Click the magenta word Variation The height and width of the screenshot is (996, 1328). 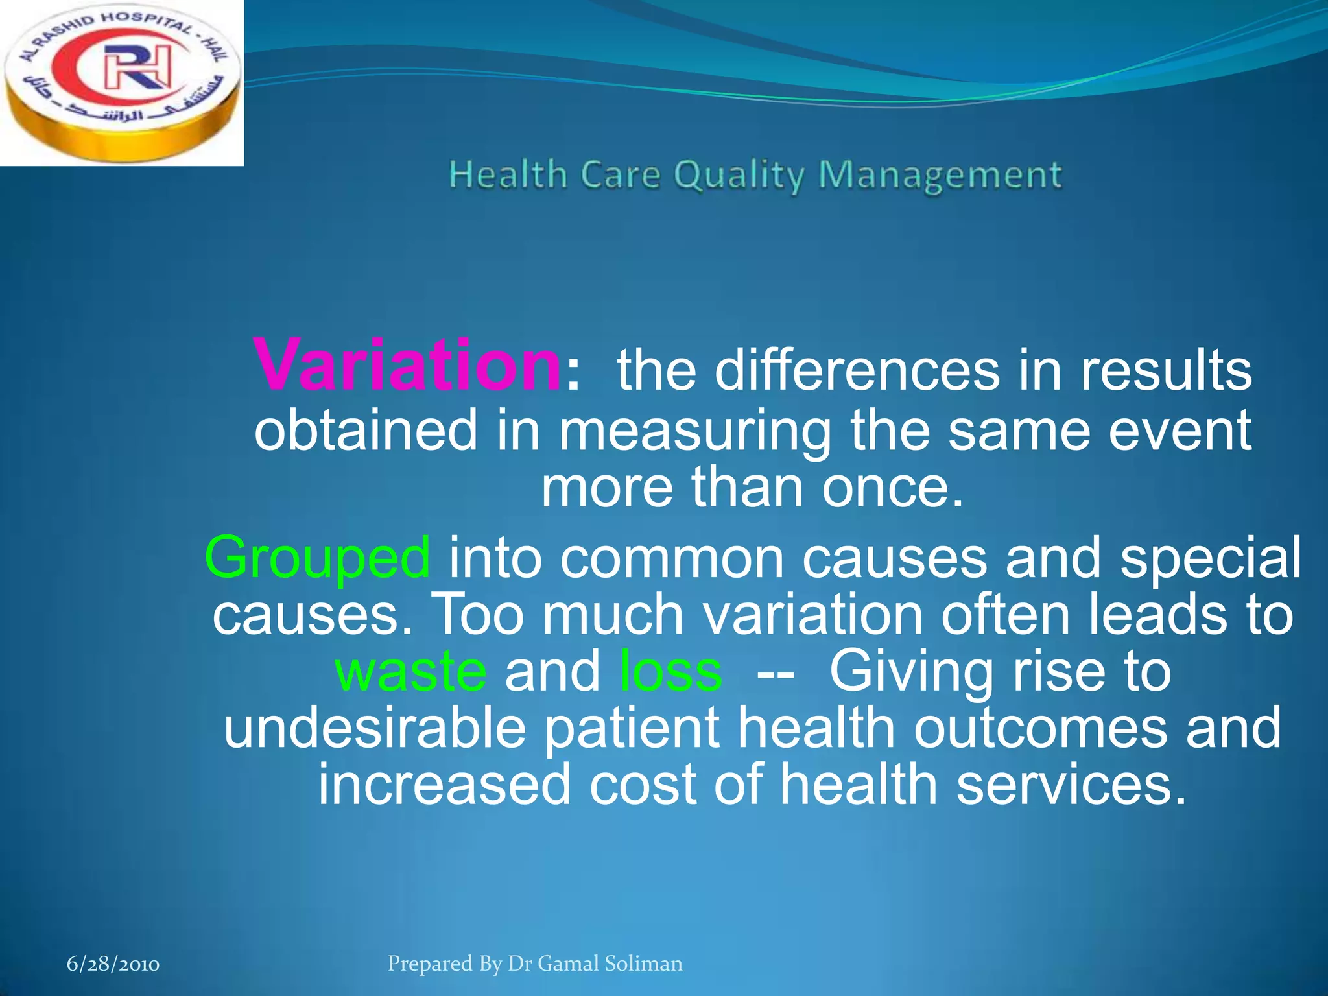[x=407, y=365]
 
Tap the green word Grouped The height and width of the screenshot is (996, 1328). [x=317, y=558]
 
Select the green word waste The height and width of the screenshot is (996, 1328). [x=410, y=672]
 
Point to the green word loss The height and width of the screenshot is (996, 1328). [x=670, y=672]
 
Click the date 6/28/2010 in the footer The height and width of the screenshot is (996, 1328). [x=113, y=964]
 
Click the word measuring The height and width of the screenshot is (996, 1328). [x=694, y=431]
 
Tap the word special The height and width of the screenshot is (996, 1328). [x=1210, y=558]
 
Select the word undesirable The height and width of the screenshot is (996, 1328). [x=374, y=728]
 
